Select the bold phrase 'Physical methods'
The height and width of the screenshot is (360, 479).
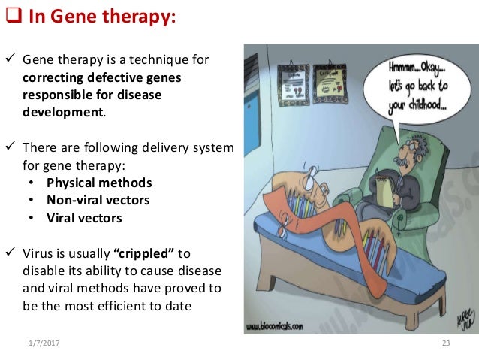(x=99, y=183)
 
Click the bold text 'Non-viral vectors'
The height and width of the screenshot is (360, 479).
(x=98, y=200)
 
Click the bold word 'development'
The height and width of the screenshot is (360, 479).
(x=63, y=112)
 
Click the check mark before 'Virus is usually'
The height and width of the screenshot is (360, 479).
(x=11, y=254)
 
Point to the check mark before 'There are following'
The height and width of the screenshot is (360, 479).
(x=11, y=147)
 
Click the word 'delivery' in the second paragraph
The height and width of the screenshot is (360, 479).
(x=151, y=147)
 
